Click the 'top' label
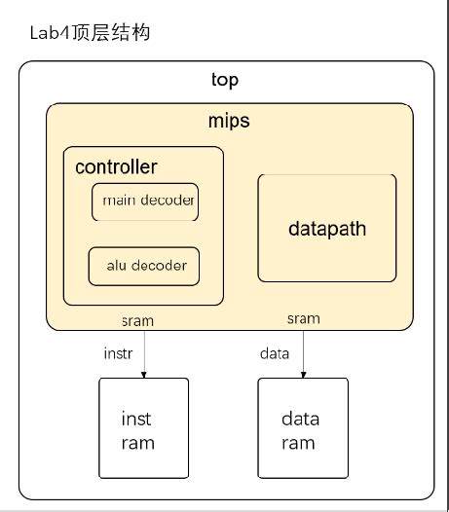pyautogui.click(x=225, y=80)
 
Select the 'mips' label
pyautogui.click(x=229, y=122)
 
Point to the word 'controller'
pyautogui.click(x=116, y=167)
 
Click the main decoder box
pyautogui.click(x=145, y=201)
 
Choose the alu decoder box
pyautogui.click(x=144, y=266)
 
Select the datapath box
pyautogui.click(x=326, y=229)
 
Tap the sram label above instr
pyautogui.click(x=137, y=320)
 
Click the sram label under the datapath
pyautogui.click(x=303, y=318)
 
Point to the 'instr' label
pyautogui.click(x=118, y=353)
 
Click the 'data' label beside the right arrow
pyautogui.click(x=275, y=353)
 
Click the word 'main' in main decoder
pyautogui.click(x=118, y=201)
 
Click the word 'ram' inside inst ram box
pyautogui.click(x=137, y=443)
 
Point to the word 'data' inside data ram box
pyautogui.click(x=300, y=420)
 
